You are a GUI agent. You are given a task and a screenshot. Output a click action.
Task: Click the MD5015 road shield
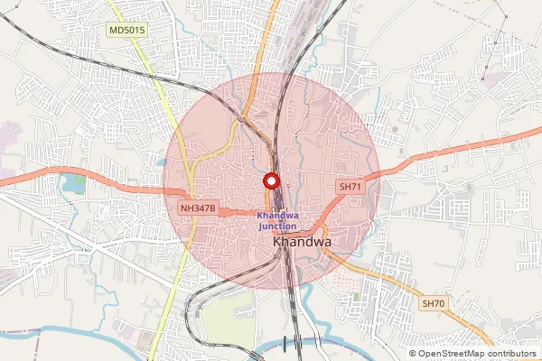click(x=126, y=31)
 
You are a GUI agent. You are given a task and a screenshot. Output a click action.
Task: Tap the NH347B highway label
click(x=198, y=208)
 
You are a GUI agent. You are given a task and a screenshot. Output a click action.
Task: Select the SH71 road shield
click(x=350, y=187)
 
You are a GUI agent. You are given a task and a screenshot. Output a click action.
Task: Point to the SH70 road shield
click(x=434, y=304)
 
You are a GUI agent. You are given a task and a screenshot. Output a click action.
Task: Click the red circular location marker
click(x=269, y=180)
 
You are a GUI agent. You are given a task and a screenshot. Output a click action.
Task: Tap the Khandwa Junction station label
click(x=276, y=220)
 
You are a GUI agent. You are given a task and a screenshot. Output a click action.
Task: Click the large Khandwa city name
click(x=302, y=243)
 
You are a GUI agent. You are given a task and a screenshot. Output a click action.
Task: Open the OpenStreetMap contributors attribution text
click(x=475, y=354)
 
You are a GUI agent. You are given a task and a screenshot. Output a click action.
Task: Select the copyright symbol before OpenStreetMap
click(x=413, y=354)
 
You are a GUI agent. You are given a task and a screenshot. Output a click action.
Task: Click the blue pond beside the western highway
click(x=69, y=186)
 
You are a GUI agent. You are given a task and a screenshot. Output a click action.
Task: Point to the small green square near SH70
click(x=358, y=295)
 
